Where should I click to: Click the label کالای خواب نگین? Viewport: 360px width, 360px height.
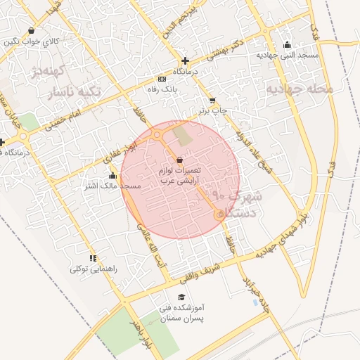(31, 42)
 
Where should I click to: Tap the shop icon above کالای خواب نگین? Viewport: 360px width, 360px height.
(31, 30)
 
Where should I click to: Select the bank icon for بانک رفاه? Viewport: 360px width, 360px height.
(162, 78)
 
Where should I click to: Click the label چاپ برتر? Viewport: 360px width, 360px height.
(212, 111)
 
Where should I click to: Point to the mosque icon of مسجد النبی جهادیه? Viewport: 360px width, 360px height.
(286, 43)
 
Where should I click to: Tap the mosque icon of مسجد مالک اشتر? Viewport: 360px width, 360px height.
(113, 175)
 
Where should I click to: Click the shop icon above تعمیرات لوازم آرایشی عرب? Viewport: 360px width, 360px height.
(182, 160)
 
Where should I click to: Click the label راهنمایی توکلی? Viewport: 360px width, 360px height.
(93, 269)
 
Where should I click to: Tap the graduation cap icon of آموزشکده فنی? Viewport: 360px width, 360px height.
(182, 297)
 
